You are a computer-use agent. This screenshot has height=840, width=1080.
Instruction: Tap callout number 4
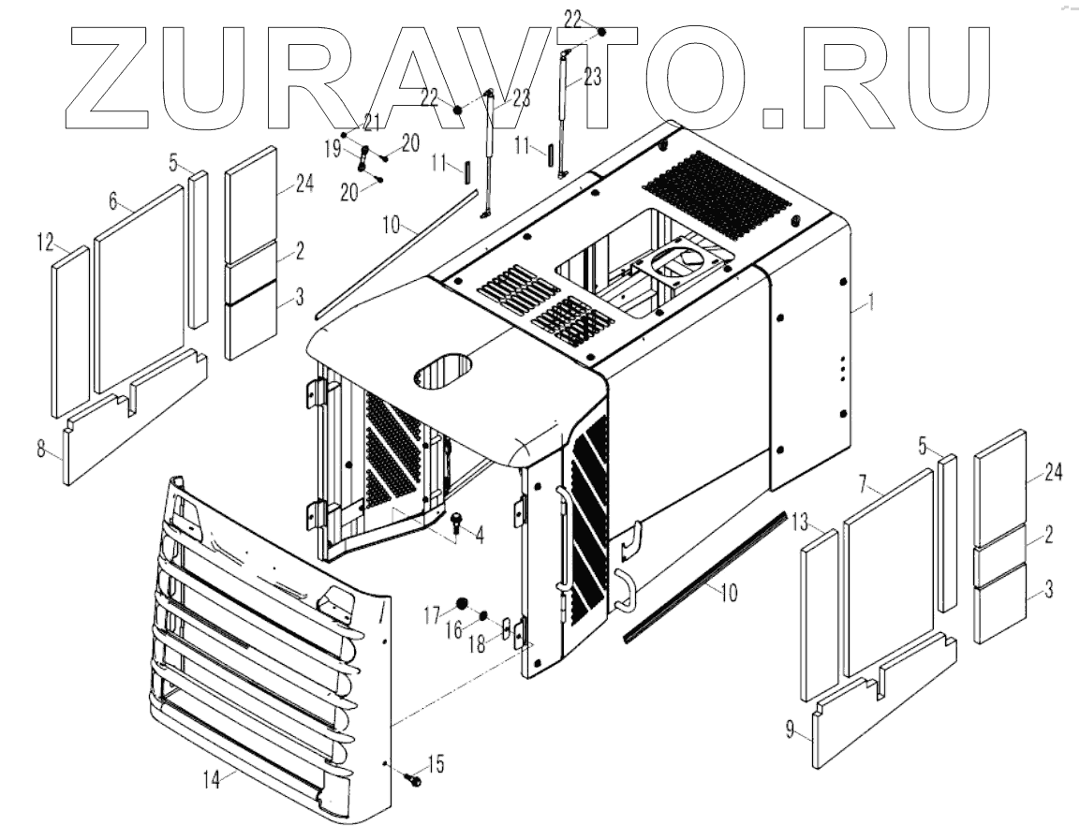point(480,537)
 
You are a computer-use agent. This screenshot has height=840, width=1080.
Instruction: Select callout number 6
point(112,200)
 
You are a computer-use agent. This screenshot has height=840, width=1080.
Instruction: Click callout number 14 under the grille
point(215,775)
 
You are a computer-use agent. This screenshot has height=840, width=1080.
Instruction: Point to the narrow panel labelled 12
point(70,332)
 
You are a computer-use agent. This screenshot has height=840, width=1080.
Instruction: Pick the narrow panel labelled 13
point(818,618)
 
